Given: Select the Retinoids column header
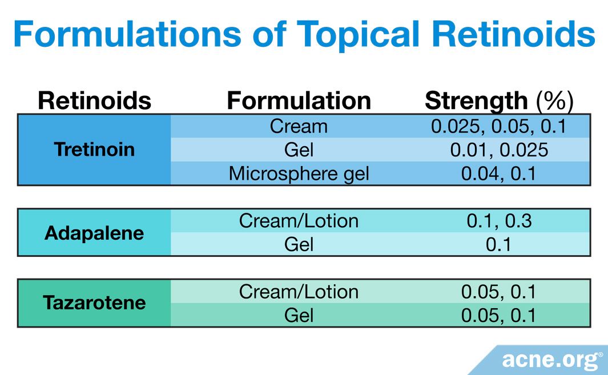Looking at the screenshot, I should click(94, 100).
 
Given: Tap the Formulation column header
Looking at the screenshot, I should click(299, 100).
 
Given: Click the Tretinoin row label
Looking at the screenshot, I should click(94, 150).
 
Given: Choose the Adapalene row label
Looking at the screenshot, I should click(94, 233).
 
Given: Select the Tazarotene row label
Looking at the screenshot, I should click(94, 303).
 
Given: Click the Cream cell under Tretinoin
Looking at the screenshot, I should click(299, 126).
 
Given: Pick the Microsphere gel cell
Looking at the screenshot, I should click(299, 174).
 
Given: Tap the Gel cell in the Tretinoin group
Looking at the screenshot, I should click(299, 150).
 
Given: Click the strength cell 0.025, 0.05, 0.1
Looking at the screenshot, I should click(498, 126).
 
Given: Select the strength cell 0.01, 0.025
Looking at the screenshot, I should click(498, 150).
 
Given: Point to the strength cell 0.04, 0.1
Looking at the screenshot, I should click(498, 174).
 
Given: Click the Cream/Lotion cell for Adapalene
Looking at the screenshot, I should click(299, 221).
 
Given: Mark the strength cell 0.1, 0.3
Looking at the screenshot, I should click(498, 221).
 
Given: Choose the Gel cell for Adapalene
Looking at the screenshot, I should click(299, 244).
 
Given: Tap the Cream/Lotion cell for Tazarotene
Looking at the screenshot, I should click(299, 292).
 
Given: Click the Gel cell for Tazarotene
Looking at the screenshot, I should click(299, 315).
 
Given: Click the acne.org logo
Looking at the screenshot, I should click(551, 360).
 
